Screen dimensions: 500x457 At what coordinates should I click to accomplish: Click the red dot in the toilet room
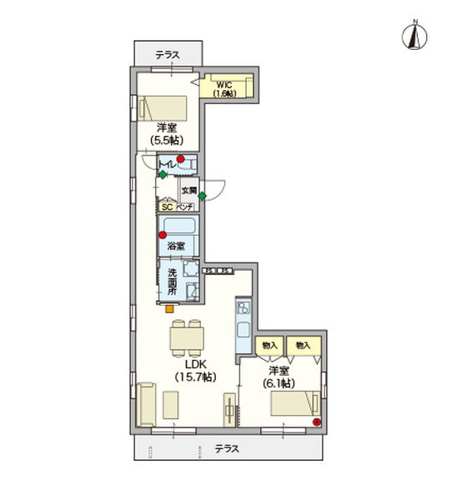180,160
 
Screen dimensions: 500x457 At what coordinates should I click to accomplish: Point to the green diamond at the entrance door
203,196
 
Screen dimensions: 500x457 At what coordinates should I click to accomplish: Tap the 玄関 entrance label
189,190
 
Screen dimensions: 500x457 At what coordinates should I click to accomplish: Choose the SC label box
166,207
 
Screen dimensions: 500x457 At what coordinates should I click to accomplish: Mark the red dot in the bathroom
163,235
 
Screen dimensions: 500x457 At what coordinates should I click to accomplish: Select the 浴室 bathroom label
175,246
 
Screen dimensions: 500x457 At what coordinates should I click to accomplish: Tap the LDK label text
195,364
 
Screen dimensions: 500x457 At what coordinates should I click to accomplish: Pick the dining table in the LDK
187,337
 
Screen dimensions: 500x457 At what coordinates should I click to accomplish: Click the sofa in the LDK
145,405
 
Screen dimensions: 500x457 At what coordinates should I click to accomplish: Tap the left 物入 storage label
269,345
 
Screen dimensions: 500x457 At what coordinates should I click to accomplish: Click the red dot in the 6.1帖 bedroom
316,422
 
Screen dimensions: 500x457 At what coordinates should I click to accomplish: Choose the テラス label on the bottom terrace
227,448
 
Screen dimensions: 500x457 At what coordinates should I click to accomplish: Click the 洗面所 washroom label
172,282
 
